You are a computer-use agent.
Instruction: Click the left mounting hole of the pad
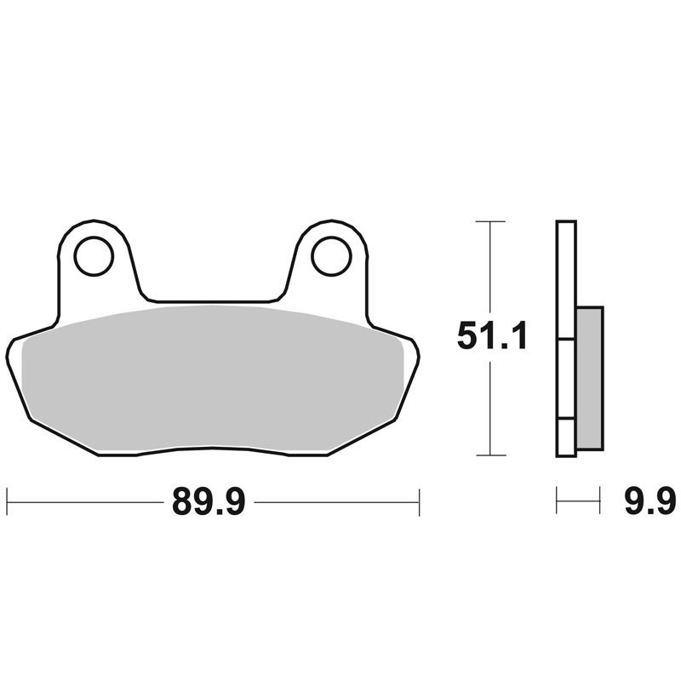click(94, 256)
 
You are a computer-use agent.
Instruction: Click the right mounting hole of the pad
click(331, 256)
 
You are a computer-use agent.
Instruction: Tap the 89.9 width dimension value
click(209, 501)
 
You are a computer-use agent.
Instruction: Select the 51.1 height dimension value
click(493, 335)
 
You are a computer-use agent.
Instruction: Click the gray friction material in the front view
click(213, 378)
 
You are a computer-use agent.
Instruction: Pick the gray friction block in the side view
click(589, 378)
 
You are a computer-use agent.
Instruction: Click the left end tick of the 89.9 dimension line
click(7, 502)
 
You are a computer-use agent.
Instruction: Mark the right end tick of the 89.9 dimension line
click(419, 502)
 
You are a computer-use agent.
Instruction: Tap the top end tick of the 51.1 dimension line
click(490, 221)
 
